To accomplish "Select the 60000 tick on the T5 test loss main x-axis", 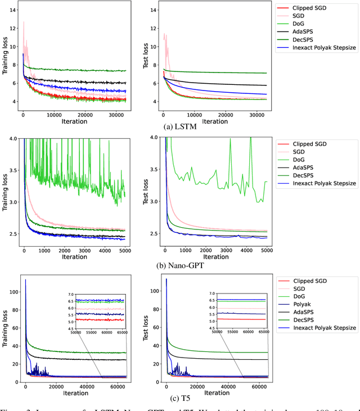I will point(259,389).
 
